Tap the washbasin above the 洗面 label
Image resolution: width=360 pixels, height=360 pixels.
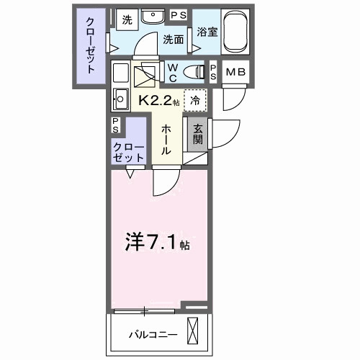152,17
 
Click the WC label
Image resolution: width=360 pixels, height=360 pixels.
173,71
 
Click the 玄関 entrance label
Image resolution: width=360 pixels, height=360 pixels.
197,133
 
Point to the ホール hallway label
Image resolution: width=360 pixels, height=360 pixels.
166,138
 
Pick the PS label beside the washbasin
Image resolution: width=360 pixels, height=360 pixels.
176,14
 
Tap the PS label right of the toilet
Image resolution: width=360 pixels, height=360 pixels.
215,71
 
